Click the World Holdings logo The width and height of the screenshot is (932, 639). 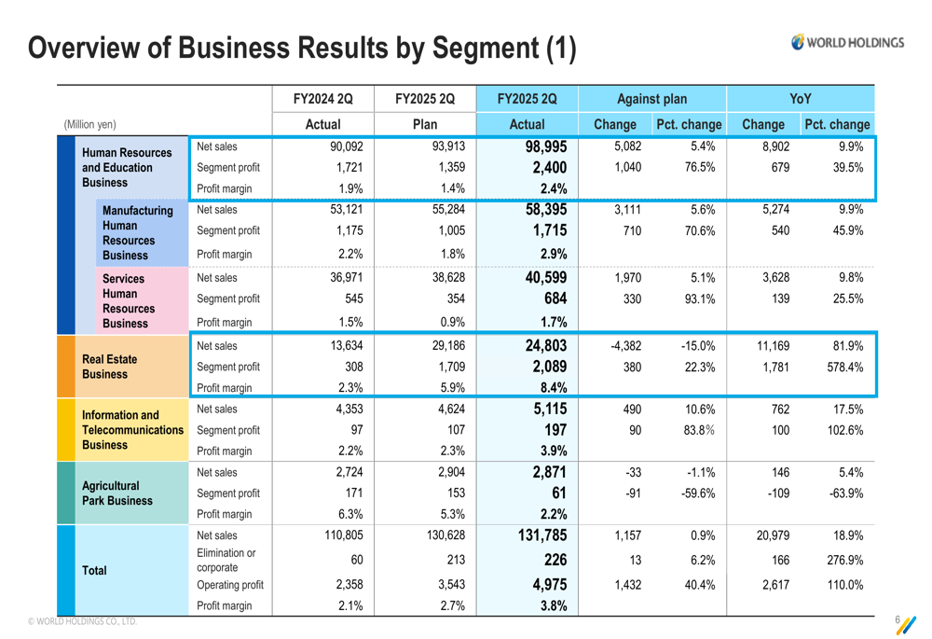(x=847, y=42)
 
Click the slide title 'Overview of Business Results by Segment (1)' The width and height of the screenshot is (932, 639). (x=303, y=49)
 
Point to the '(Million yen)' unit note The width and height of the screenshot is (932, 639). (x=89, y=124)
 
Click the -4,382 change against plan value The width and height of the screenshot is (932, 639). (x=624, y=345)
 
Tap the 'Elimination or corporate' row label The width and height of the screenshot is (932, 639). (x=226, y=560)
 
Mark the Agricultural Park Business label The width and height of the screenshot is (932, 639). (x=116, y=493)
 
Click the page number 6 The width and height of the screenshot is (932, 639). (x=897, y=619)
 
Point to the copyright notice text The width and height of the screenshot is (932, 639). (x=82, y=621)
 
